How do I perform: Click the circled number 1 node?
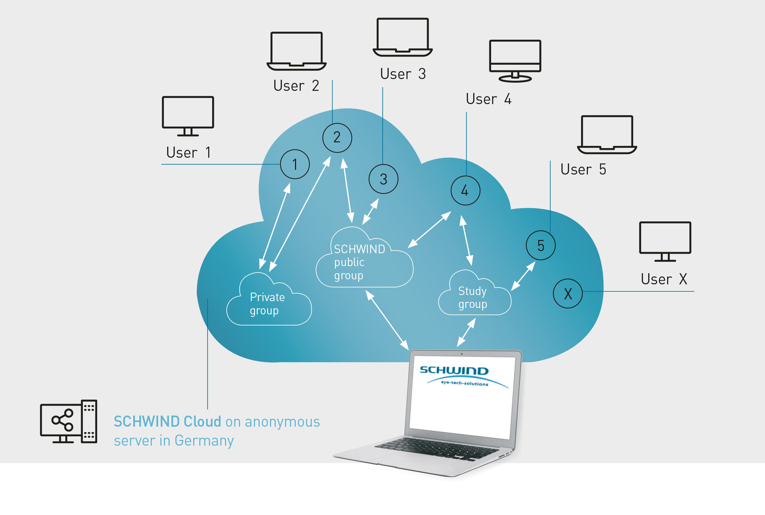(295, 165)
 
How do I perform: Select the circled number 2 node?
(337, 138)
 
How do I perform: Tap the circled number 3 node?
(383, 179)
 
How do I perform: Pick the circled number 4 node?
(465, 190)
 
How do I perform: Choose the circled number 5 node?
(540, 245)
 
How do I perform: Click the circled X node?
(567, 294)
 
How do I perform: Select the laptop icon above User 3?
(402, 37)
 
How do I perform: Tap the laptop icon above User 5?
(607, 134)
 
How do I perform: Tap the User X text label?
(664, 279)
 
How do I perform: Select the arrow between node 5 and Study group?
(523, 276)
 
